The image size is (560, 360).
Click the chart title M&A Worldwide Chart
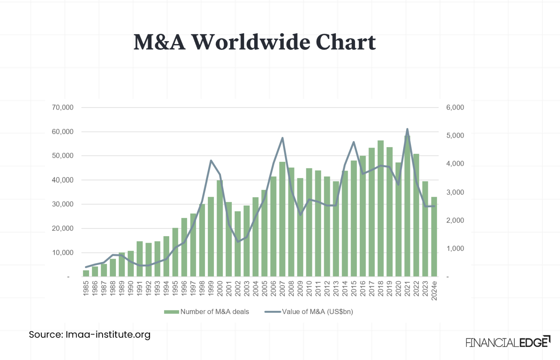pyautogui.click(x=254, y=42)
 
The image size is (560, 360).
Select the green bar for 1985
pyautogui.click(x=86, y=273)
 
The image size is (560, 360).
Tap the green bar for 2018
pyautogui.click(x=381, y=208)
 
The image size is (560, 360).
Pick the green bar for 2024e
pyautogui.click(x=434, y=237)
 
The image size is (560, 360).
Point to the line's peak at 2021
pyautogui.click(x=407, y=129)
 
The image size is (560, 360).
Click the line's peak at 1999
pyautogui.click(x=211, y=160)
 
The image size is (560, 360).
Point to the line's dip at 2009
pyautogui.click(x=300, y=215)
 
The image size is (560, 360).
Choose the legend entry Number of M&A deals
pyautogui.click(x=207, y=312)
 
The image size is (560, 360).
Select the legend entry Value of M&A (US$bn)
pyautogui.click(x=309, y=312)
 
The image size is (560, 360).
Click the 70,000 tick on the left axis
pyautogui.click(x=62, y=107)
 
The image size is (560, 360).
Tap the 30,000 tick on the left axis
pyautogui.click(x=62, y=204)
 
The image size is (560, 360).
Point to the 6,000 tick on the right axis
pyautogui.click(x=455, y=107)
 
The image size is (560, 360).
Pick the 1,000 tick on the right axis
pyautogui.click(x=455, y=249)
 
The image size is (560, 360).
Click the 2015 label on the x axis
pyautogui.click(x=354, y=288)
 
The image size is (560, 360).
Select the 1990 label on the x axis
pyautogui.click(x=131, y=288)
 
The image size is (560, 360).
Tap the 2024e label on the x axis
pyautogui.click(x=434, y=290)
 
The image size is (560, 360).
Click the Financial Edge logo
pyautogui.click(x=508, y=342)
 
